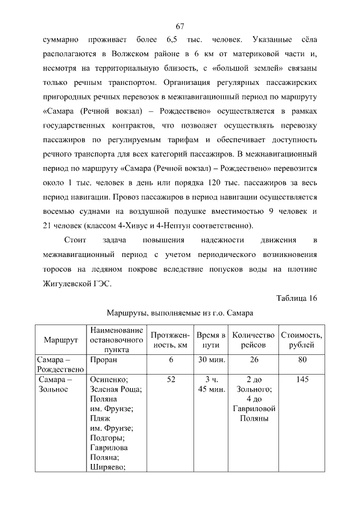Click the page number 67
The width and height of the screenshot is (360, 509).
[180, 26]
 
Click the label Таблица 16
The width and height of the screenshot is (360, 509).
[297, 298]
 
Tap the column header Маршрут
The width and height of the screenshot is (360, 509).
[61, 340]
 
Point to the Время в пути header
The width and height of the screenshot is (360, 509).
[211, 340]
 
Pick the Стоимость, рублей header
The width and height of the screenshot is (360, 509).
[301, 340]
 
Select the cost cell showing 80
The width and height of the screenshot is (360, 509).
[301, 359]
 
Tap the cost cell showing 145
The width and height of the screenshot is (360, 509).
[301, 380]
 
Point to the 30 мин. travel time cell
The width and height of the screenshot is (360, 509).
[211, 359]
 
